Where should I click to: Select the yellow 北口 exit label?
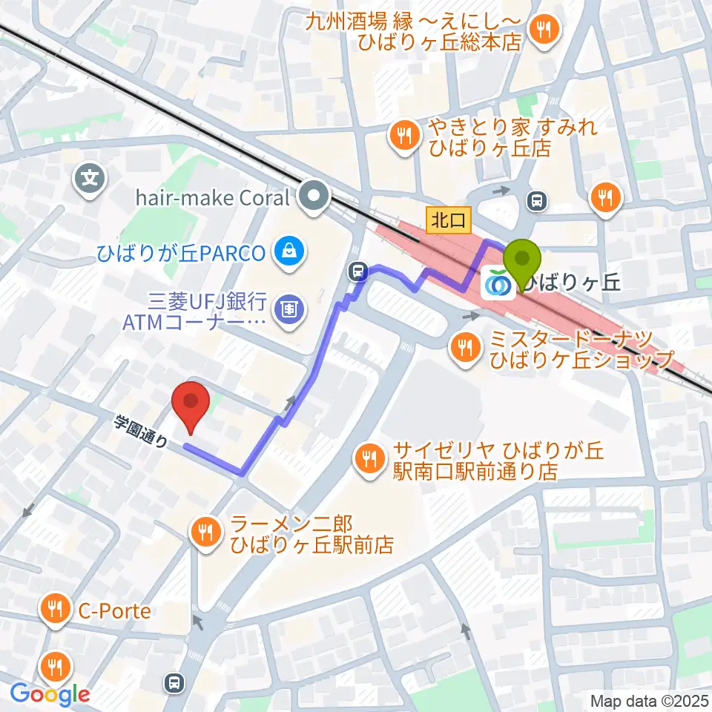point(449,219)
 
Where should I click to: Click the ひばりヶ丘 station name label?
point(571,282)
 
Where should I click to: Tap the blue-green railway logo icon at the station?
point(495,283)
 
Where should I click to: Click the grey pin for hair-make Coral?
point(314,197)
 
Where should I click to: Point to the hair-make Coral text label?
point(212,198)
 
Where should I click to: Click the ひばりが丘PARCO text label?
point(180,253)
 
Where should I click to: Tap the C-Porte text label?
point(114,611)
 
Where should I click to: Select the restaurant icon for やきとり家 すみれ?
point(403,135)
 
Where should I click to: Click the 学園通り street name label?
point(141,432)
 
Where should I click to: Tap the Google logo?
point(50,694)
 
